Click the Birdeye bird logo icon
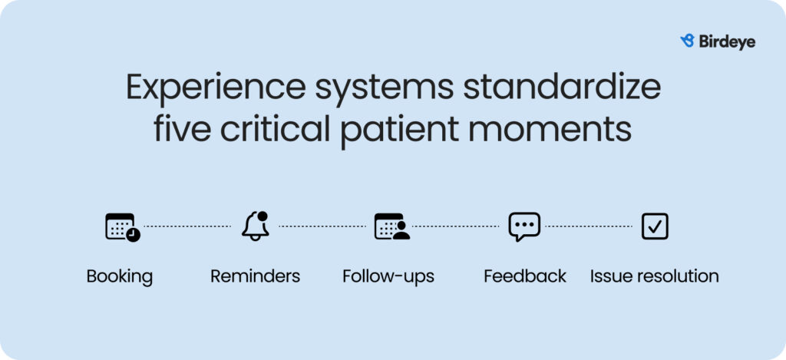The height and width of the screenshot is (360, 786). pyautogui.click(x=687, y=41)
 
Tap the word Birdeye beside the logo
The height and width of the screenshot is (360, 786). pyautogui.click(x=727, y=42)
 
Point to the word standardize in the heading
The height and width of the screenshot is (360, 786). pyautogui.click(x=561, y=87)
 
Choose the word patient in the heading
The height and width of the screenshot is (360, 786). pyautogui.click(x=400, y=131)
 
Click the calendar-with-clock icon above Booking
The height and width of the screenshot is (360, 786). pyautogui.click(x=122, y=227)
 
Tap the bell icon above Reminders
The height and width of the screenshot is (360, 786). pyautogui.click(x=255, y=226)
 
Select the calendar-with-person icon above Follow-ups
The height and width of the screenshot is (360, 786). pyautogui.click(x=391, y=226)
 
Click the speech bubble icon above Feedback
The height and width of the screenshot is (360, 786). pyautogui.click(x=524, y=226)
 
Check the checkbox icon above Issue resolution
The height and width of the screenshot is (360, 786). pyautogui.click(x=655, y=226)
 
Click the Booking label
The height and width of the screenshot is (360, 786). pyautogui.click(x=119, y=277)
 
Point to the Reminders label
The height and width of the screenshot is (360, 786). pyautogui.click(x=255, y=276)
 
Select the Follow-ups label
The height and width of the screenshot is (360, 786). pyautogui.click(x=388, y=277)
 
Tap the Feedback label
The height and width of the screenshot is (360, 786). pyautogui.click(x=525, y=276)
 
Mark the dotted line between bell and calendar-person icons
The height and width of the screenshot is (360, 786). pyautogui.click(x=322, y=226)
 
